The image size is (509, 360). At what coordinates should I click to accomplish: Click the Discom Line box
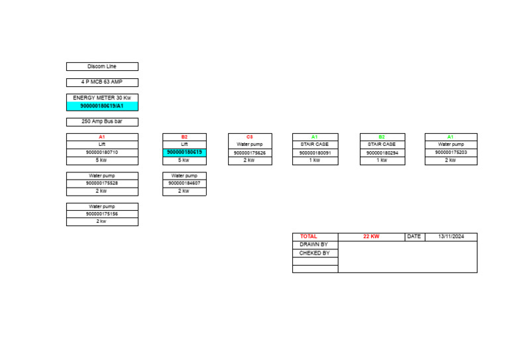(x=102, y=67)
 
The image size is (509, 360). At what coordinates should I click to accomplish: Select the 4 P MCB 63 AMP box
(x=102, y=83)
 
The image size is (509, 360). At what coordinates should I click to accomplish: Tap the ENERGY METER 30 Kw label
(x=102, y=98)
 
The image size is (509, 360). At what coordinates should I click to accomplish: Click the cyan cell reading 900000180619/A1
(x=102, y=106)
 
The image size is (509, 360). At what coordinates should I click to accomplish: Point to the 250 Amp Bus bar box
(x=102, y=122)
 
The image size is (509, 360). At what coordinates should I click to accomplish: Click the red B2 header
(x=184, y=137)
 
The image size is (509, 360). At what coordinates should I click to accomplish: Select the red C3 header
(x=249, y=137)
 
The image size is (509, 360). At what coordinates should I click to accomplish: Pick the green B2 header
(x=381, y=137)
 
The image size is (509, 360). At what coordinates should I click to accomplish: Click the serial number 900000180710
(x=102, y=152)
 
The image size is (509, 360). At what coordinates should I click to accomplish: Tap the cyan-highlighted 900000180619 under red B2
(x=184, y=152)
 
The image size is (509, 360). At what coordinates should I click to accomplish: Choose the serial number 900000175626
(x=249, y=153)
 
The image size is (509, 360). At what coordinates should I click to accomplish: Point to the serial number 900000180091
(x=315, y=153)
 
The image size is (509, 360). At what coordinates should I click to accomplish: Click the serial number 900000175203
(x=451, y=152)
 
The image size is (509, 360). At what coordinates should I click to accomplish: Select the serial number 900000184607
(x=184, y=184)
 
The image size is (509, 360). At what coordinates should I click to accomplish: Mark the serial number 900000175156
(x=102, y=214)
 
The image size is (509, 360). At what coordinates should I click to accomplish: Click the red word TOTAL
(x=309, y=237)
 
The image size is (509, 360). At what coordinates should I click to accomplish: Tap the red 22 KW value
(x=371, y=237)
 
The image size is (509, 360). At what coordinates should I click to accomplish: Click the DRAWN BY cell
(x=314, y=245)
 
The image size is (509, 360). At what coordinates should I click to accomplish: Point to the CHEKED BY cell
(x=314, y=253)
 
